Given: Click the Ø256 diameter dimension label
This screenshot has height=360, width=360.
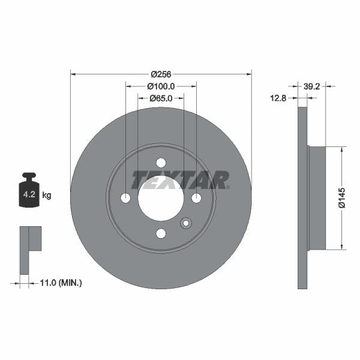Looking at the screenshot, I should tap(161, 74).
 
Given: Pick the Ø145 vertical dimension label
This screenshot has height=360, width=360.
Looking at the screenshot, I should tap(341, 197).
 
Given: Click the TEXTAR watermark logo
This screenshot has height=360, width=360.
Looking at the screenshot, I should tap(180, 179).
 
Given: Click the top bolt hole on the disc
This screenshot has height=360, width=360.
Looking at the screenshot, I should tap(161, 163).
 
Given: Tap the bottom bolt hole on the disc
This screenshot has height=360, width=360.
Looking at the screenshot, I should tap(161, 233).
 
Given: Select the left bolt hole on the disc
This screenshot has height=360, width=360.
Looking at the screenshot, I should tap(125, 198).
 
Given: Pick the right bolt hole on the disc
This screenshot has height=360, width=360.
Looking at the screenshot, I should tap(196, 198).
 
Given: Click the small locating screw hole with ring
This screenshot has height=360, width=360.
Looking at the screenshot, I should tap(185, 223).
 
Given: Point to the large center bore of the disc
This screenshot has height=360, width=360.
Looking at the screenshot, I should tap(161, 198).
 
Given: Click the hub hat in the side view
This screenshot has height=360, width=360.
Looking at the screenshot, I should tap(316, 198).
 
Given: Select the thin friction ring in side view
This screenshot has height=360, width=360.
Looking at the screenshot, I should tap(302, 198).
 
